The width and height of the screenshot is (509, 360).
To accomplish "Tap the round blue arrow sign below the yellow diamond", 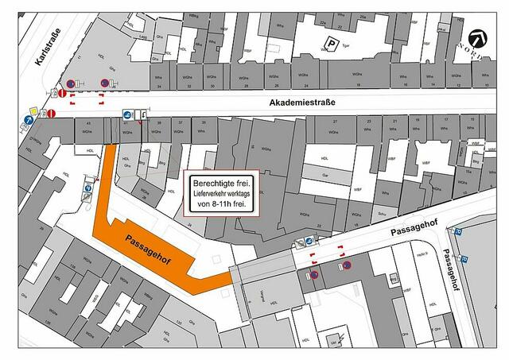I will point(29,121).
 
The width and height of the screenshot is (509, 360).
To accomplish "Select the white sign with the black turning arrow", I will point(140,116).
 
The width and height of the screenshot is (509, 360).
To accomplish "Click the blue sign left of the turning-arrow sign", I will point(128,116).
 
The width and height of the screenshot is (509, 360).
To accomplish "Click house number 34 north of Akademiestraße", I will point(159,86).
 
